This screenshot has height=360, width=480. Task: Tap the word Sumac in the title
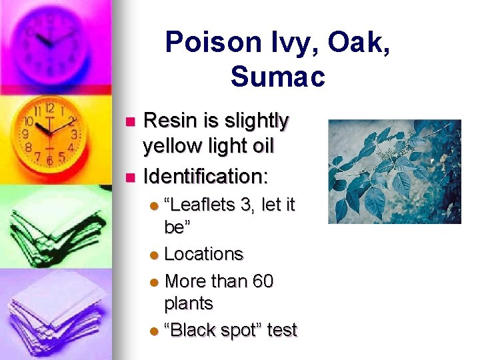click(x=277, y=77)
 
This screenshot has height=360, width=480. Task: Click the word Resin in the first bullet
click(x=170, y=121)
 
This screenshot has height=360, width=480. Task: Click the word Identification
click(x=205, y=177)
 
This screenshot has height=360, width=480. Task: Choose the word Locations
click(x=203, y=254)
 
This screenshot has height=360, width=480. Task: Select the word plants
click(x=189, y=304)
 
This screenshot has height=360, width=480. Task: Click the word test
click(x=281, y=329)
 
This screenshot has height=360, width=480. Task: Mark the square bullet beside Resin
click(x=131, y=122)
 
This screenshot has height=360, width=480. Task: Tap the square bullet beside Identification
click(x=131, y=178)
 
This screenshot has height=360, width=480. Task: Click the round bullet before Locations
click(x=155, y=255)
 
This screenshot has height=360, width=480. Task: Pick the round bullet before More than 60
click(x=155, y=283)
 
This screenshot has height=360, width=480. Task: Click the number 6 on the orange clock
click(x=49, y=160)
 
